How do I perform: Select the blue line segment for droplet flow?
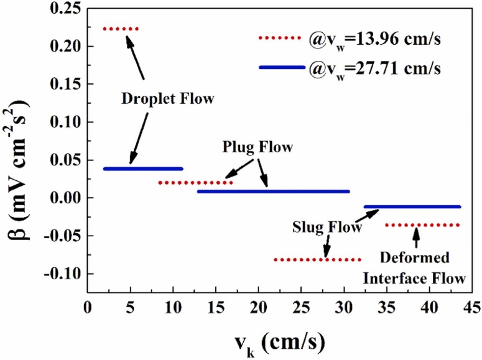coord(143,168)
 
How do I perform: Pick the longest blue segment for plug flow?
coord(273,192)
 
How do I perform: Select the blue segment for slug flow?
coord(412,206)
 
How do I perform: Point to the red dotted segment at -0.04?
coord(422,225)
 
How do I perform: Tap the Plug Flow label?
coord(257,149)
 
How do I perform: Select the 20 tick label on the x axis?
coord(257,308)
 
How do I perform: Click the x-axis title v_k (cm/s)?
coord(280,341)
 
